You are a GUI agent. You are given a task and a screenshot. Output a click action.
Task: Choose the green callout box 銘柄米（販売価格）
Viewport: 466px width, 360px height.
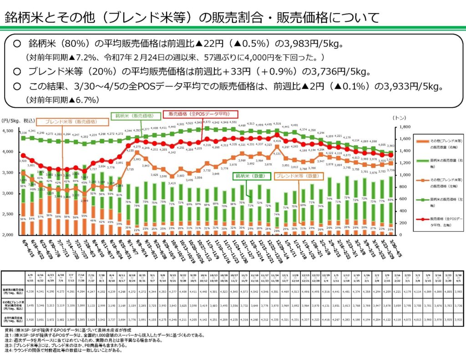click(135, 116)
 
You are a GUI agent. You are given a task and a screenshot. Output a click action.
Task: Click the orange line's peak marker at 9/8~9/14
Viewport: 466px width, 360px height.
click(137, 159)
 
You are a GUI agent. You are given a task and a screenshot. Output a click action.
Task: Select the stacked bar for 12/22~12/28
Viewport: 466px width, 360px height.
click(276, 222)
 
